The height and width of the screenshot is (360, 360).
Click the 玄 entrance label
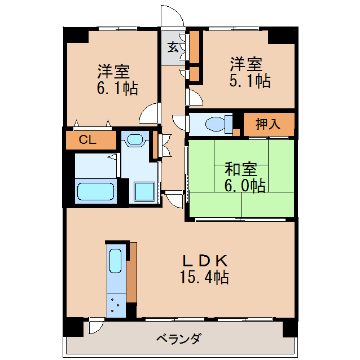click(x=173, y=47)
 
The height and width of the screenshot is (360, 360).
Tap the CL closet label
click(x=87, y=140)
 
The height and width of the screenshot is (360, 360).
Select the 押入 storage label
click(x=268, y=124)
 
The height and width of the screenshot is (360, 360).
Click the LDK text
click(x=204, y=261)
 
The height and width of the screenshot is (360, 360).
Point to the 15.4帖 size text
click(x=204, y=278)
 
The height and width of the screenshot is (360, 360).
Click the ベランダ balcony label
click(x=178, y=340)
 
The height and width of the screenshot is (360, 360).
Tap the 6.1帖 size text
click(x=116, y=89)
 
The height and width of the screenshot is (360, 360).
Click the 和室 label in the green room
click(x=241, y=169)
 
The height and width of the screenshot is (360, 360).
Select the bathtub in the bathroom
click(x=96, y=192)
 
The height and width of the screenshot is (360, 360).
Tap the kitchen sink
click(x=115, y=262)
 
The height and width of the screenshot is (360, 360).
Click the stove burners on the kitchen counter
click(x=115, y=304)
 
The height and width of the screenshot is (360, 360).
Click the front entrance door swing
click(x=172, y=16)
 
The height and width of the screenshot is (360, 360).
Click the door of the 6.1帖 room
click(x=151, y=115)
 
